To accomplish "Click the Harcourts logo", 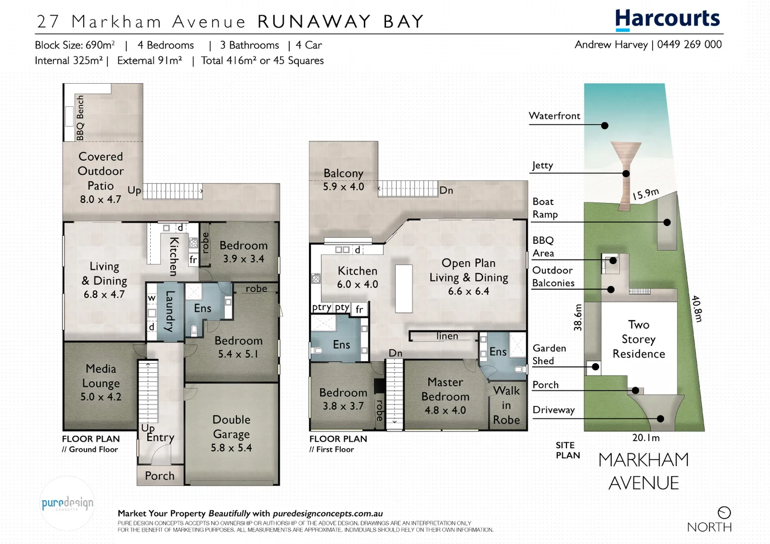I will click(x=667, y=19).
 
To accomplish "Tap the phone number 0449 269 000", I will click(x=689, y=44).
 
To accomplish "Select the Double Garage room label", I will click(x=231, y=433).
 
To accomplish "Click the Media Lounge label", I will click(x=101, y=382).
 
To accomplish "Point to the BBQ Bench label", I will click(x=80, y=118).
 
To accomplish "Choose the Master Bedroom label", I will click(x=445, y=396).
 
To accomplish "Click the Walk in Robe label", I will click(x=506, y=405).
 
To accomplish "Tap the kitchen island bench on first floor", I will click(x=404, y=289).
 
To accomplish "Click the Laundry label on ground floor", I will click(x=170, y=311).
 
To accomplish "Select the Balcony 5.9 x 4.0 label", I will click(x=343, y=179).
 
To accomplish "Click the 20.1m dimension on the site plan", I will click(x=646, y=438).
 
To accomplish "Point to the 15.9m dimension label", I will click(x=646, y=194).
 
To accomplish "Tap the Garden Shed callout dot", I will click(x=596, y=367).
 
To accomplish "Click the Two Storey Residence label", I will click(x=638, y=339).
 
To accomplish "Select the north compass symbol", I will click(x=724, y=512).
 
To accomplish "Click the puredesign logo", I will click(x=67, y=503).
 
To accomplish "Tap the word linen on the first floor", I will click(x=447, y=336).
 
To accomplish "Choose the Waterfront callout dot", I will click(x=605, y=125).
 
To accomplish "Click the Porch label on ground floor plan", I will click(x=159, y=475).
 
